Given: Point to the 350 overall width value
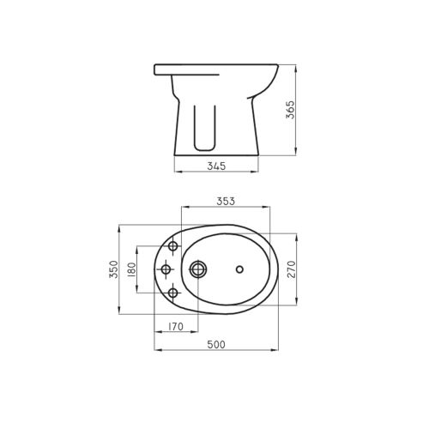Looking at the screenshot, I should [x=112, y=270].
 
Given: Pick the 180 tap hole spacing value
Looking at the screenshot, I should [x=131, y=270].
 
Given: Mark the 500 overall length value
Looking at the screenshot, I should [x=216, y=344].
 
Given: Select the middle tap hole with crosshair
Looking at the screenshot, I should [x=166, y=270].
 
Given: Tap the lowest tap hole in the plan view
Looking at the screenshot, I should [x=173, y=293].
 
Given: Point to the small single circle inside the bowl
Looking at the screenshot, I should [x=239, y=270].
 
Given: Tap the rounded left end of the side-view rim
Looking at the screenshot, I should [x=156, y=69].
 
